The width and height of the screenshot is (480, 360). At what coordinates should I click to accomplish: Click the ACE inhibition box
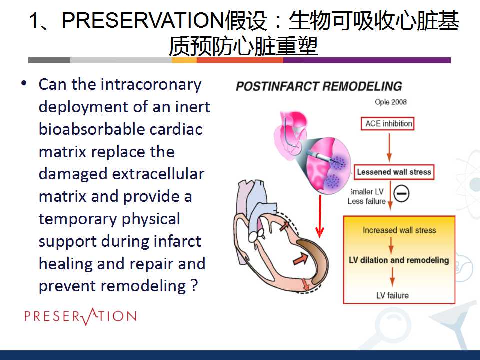pos(388,124)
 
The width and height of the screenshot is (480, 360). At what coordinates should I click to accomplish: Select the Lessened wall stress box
pos(394,172)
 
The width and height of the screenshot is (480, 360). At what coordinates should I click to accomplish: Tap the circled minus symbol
pos(401,194)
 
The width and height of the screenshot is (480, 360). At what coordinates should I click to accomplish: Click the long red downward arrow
pos(320,216)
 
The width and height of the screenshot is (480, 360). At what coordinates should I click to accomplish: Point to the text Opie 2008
pos(391,102)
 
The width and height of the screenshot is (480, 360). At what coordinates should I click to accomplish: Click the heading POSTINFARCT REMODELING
pos(319,86)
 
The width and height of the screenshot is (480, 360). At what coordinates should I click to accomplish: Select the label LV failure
pos(392,295)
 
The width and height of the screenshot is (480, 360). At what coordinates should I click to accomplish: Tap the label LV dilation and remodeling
pos(399,260)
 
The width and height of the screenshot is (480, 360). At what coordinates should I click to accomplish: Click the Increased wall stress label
pos(399,230)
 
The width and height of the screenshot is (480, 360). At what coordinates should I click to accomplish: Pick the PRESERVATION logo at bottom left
pos(80,316)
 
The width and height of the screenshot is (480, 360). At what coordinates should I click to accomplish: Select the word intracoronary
pos(151,85)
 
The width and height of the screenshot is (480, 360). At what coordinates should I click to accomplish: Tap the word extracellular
pos(158,174)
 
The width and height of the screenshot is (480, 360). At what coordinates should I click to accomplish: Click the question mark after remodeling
pos(194,286)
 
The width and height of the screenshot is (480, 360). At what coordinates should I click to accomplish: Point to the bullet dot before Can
pos(24,83)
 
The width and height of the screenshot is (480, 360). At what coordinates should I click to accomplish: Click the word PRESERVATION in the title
pos(143,21)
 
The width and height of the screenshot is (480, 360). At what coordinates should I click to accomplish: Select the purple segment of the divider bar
pos(367,60)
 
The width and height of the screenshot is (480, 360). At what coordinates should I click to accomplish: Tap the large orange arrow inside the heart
pos(301,259)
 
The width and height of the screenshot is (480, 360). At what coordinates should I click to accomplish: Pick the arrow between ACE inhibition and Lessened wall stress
pos(389,148)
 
